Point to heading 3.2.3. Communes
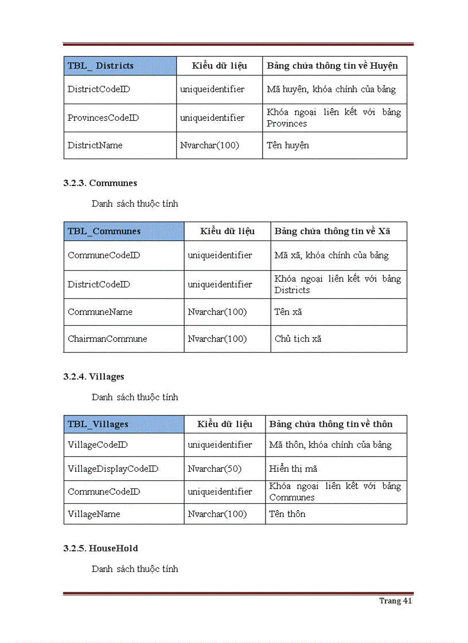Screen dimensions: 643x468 (x=100, y=183)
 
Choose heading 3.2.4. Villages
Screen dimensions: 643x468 (x=94, y=377)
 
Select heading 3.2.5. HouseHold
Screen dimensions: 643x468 (x=101, y=549)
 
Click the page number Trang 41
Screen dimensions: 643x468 (x=395, y=601)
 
